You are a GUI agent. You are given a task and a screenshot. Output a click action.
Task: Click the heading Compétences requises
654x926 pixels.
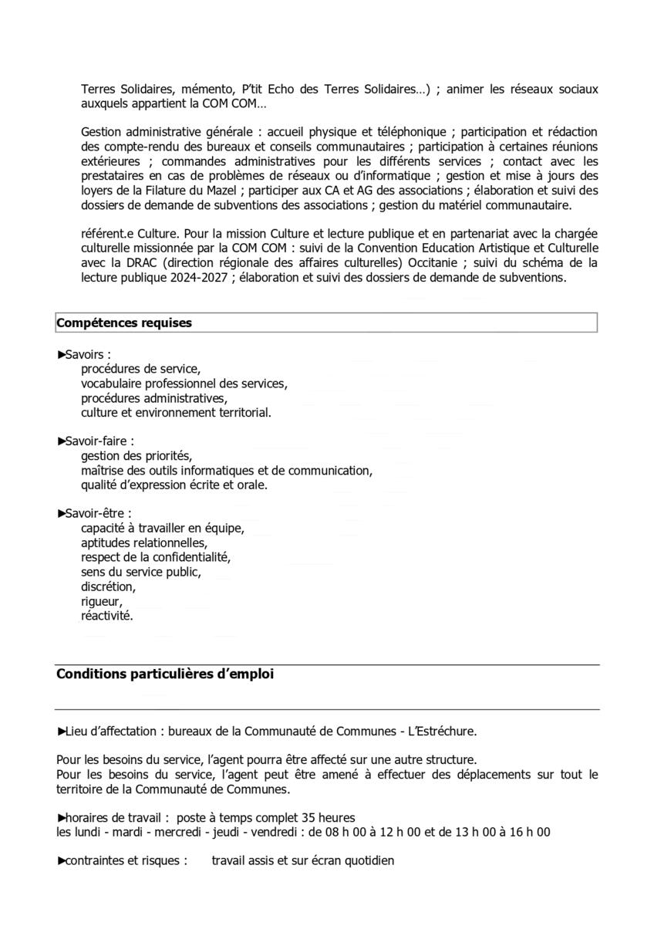point(124,323)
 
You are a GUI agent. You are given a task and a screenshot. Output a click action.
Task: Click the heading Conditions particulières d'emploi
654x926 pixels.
point(164,674)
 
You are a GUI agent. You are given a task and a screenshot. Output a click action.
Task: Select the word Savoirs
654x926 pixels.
point(84,354)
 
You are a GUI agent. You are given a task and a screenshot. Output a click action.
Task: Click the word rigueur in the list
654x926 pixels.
point(101,601)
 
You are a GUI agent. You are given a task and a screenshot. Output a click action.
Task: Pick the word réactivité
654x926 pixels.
point(106,616)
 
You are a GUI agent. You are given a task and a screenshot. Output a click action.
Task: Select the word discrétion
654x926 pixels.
point(107,586)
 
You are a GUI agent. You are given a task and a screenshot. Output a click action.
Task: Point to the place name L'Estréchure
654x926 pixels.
point(443,731)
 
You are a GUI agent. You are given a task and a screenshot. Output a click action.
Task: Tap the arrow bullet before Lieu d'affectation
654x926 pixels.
point(61,731)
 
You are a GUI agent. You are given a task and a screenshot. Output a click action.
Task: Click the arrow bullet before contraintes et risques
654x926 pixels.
point(61,860)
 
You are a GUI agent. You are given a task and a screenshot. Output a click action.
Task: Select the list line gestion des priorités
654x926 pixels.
point(136,456)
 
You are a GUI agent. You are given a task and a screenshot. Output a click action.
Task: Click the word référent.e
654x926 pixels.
point(109,234)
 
